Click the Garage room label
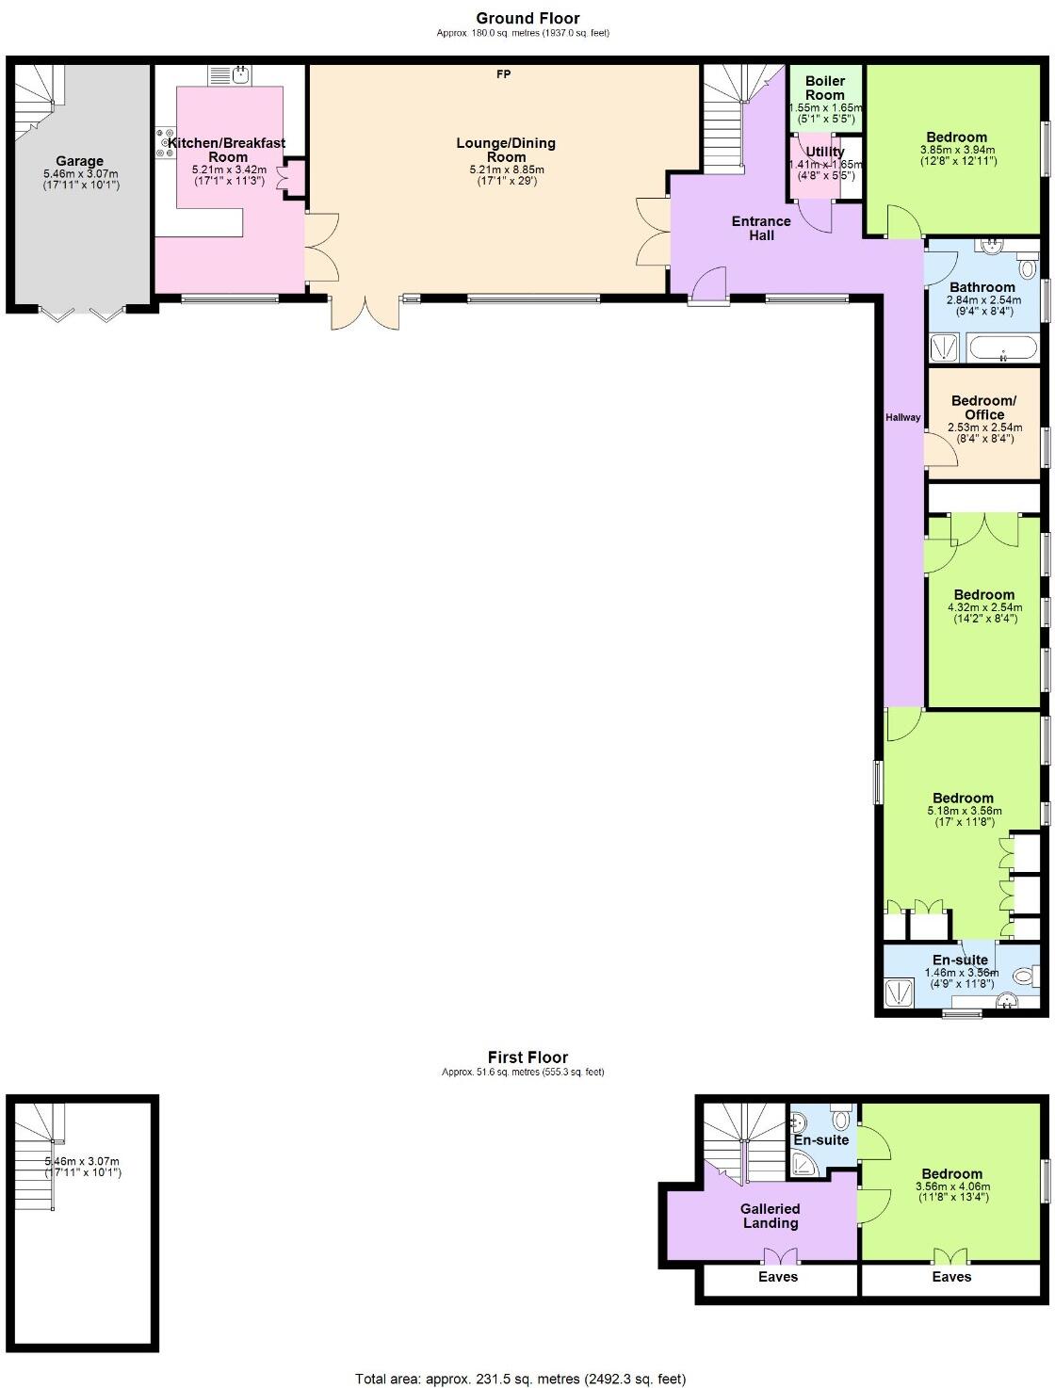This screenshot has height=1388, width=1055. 79,161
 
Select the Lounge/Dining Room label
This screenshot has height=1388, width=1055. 506,150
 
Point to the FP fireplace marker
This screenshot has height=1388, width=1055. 504,74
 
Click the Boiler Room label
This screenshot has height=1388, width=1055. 825,88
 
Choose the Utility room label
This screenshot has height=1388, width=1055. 825,152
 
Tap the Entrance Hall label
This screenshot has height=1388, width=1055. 761,228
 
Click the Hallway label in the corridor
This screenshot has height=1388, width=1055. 902,417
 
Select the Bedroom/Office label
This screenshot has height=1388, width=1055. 984,408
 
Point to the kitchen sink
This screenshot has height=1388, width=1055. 240,73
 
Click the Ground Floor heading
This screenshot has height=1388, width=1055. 527,18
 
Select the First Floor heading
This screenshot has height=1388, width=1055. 527,1057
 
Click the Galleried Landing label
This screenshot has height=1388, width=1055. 771,1216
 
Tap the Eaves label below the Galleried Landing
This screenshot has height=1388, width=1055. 778,1277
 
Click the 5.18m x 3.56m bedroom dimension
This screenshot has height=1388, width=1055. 963,810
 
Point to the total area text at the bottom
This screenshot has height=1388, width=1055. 520,1379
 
